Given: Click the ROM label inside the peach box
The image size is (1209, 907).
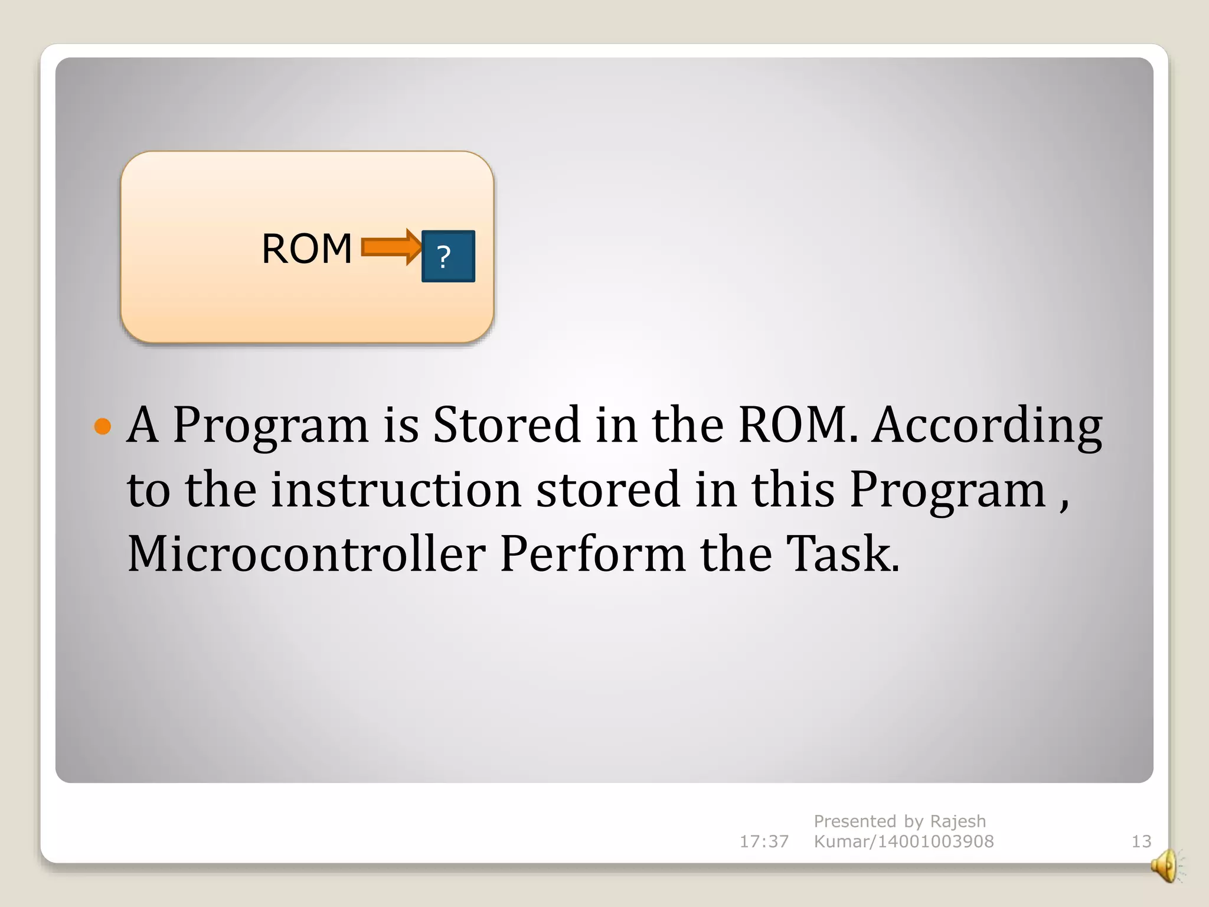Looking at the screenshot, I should pos(306,249).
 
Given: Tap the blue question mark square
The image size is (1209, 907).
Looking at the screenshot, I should pos(448,256).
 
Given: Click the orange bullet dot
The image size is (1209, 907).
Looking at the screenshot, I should pos(103,426).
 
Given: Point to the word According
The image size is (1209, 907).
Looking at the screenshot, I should pos(987,425).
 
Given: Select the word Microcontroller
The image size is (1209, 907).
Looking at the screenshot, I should pos(306,554).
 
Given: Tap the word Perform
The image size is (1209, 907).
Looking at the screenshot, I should pos(593,554).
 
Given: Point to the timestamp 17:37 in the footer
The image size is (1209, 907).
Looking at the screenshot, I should pos(764,841).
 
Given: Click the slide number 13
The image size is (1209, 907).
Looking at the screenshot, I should pos(1141,841).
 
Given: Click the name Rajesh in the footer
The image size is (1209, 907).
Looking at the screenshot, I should pos(958,821).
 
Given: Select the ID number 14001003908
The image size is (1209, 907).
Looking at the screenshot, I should pos(936,841).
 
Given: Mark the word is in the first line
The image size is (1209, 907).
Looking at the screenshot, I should pos(401,425).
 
